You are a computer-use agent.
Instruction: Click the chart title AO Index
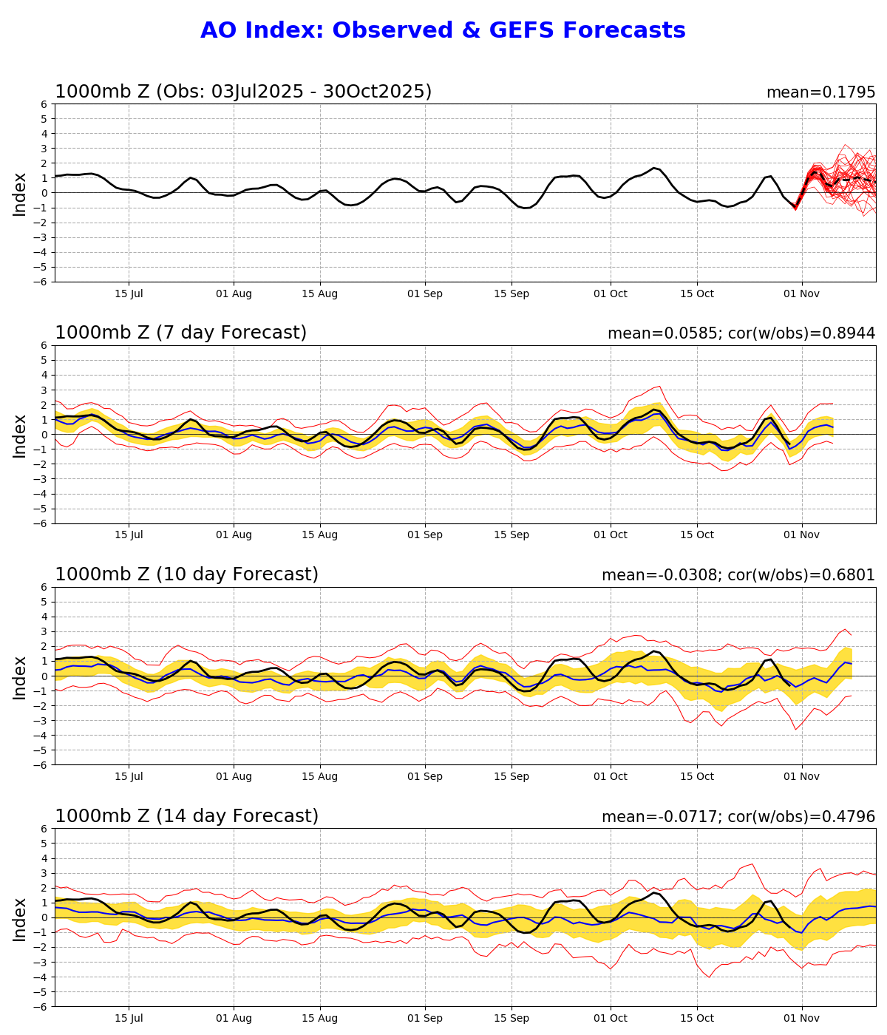pos(442,30)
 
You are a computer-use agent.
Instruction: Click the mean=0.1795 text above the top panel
pos(820,92)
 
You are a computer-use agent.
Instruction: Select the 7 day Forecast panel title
pos(180,333)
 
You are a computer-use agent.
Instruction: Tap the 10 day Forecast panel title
pos(186,574)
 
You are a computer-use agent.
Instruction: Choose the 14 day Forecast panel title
pos(186,816)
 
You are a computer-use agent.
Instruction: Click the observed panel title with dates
pos(243,92)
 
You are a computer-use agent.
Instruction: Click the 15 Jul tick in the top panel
pos(129,293)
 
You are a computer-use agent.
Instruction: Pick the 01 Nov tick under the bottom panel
pos(801,1018)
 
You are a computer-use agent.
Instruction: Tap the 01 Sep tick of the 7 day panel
pos(424,535)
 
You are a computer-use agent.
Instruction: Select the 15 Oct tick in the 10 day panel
pos(696,776)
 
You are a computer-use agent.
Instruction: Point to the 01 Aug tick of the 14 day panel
pos(234,1018)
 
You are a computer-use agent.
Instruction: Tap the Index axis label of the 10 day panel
pos(20,676)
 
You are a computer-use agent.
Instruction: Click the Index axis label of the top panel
pos(20,194)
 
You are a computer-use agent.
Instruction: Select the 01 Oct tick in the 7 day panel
pos(610,535)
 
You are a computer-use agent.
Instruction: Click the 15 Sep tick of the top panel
pos(511,293)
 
